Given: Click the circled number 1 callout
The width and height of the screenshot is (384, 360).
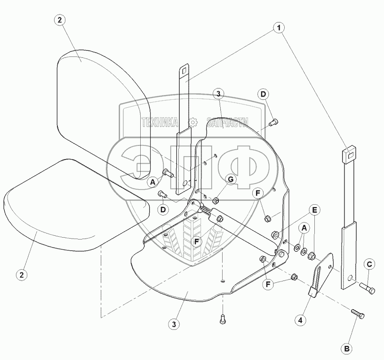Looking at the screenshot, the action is tap(279, 28).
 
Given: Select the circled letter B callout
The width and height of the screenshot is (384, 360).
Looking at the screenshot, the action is tap(347, 349).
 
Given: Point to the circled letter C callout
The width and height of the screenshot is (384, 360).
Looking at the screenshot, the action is tap(369, 264).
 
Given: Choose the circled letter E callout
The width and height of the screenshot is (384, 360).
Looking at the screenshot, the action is tap(315, 210).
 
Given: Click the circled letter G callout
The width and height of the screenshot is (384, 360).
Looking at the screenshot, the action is tap(231, 179).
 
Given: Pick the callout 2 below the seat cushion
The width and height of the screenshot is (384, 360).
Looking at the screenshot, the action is tap(22, 275).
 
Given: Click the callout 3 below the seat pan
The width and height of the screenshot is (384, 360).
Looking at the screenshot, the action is tap(174, 325).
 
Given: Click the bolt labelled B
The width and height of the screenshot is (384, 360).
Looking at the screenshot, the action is tap(358, 314).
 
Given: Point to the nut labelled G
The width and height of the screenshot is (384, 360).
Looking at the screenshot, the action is tap(216, 201).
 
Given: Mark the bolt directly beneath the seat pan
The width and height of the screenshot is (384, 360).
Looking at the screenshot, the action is tap(223, 319).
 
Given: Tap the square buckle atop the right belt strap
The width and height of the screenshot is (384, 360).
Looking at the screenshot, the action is tap(349, 155).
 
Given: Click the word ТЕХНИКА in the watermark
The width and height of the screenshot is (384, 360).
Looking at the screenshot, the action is tap(160, 122).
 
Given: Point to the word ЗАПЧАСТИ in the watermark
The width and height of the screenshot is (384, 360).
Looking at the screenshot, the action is tap(227, 122).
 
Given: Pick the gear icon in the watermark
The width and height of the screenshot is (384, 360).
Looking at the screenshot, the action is tap(193, 122).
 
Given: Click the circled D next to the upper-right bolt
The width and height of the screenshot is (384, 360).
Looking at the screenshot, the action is tap(263, 94).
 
